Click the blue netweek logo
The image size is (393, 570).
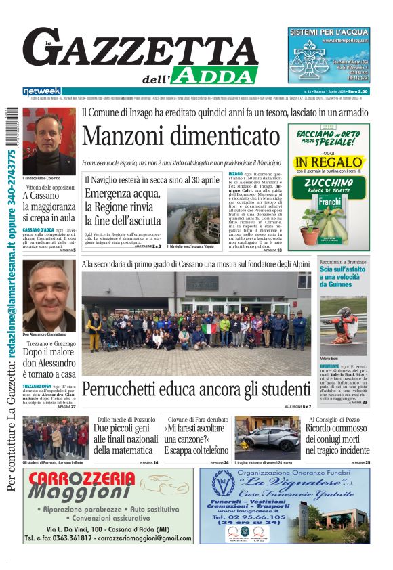click(42, 91)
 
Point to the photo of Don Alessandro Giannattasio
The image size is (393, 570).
click(49, 294)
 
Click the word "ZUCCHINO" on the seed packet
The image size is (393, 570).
click(329, 182)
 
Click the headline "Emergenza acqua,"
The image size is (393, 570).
click(123, 194)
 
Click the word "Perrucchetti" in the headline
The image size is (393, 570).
click(135, 390)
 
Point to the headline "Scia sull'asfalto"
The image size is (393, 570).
click(343, 269)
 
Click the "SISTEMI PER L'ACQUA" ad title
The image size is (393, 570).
click(329, 32)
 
